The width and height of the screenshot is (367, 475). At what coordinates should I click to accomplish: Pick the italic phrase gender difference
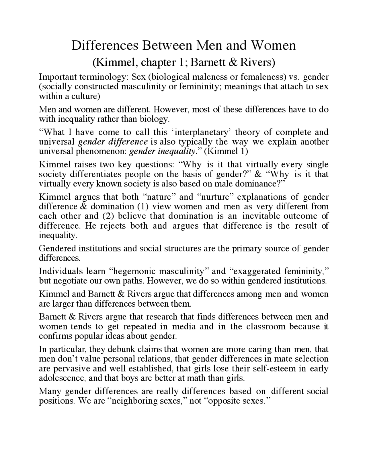click(x=113, y=142)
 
